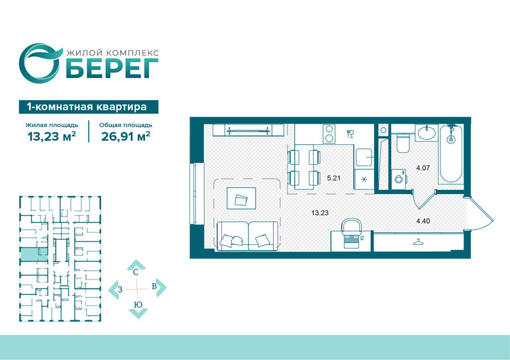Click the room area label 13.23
(320, 213)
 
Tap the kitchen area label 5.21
(333, 178)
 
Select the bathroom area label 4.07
(423, 168)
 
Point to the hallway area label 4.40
(423, 221)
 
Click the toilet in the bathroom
(403, 144)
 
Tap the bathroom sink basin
(427, 133)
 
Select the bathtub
(450, 154)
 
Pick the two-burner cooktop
(329, 134)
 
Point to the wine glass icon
(350, 134)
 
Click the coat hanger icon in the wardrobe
(418, 242)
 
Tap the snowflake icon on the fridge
(364, 179)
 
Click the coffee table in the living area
(241, 198)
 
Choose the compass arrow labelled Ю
(138, 310)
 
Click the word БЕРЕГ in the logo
(112, 69)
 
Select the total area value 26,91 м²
(126, 136)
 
